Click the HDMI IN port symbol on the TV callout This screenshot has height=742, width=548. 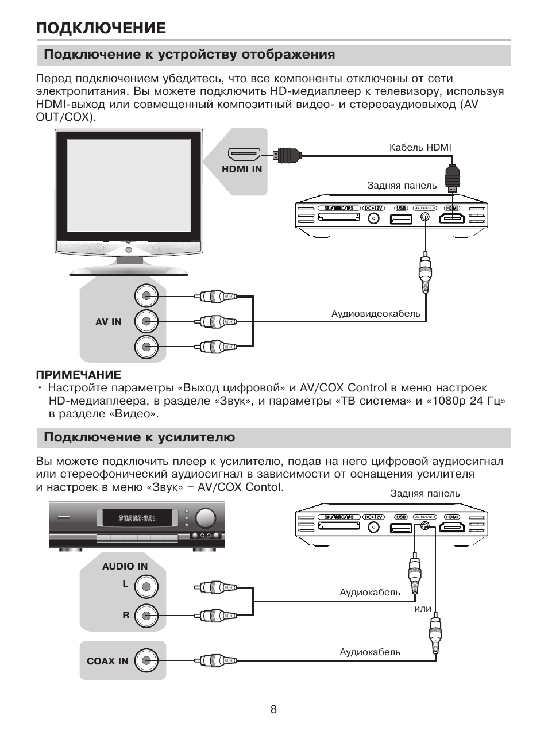(x=244, y=154)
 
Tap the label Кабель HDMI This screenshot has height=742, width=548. (x=420, y=148)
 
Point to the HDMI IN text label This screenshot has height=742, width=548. (x=242, y=169)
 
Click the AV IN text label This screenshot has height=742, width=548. (x=109, y=322)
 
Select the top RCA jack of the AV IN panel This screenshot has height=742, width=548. (x=146, y=296)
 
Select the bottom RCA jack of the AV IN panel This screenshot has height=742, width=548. (x=146, y=347)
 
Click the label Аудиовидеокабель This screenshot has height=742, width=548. (x=376, y=314)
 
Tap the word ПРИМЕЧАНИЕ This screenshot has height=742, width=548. (x=79, y=375)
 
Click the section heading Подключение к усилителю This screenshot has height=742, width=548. (x=140, y=437)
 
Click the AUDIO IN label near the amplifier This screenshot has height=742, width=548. (x=125, y=566)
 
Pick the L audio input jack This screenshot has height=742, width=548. (x=146, y=587)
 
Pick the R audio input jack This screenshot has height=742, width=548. (x=146, y=616)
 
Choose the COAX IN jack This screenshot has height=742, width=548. (x=146, y=661)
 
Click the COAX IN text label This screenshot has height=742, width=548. (x=107, y=661)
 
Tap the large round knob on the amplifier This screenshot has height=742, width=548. (x=206, y=517)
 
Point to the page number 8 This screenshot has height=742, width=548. (x=273, y=709)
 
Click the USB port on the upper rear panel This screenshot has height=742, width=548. (x=401, y=218)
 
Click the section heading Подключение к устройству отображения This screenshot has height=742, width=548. (x=190, y=55)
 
